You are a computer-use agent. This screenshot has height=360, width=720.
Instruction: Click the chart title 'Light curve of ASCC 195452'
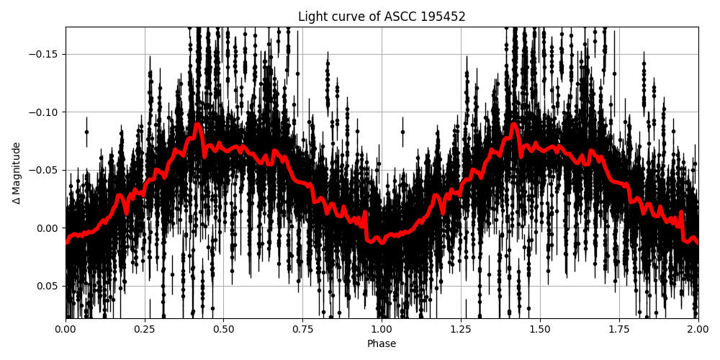click(x=382, y=17)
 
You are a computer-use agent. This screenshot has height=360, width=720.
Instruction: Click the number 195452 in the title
click(x=443, y=17)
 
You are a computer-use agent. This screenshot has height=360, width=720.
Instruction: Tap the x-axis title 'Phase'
click(x=382, y=344)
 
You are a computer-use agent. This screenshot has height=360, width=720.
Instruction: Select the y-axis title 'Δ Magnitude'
click(x=17, y=173)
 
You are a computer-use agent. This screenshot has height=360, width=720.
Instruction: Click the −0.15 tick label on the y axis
click(x=45, y=54)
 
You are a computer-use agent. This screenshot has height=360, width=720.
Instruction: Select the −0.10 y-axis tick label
click(x=45, y=112)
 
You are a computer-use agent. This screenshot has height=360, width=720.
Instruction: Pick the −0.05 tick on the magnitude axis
click(x=45, y=170)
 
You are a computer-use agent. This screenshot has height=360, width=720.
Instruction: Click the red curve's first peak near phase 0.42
click(x=197, y=125)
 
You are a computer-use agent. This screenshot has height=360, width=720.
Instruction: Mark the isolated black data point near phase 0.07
click(x=86, y=132)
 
